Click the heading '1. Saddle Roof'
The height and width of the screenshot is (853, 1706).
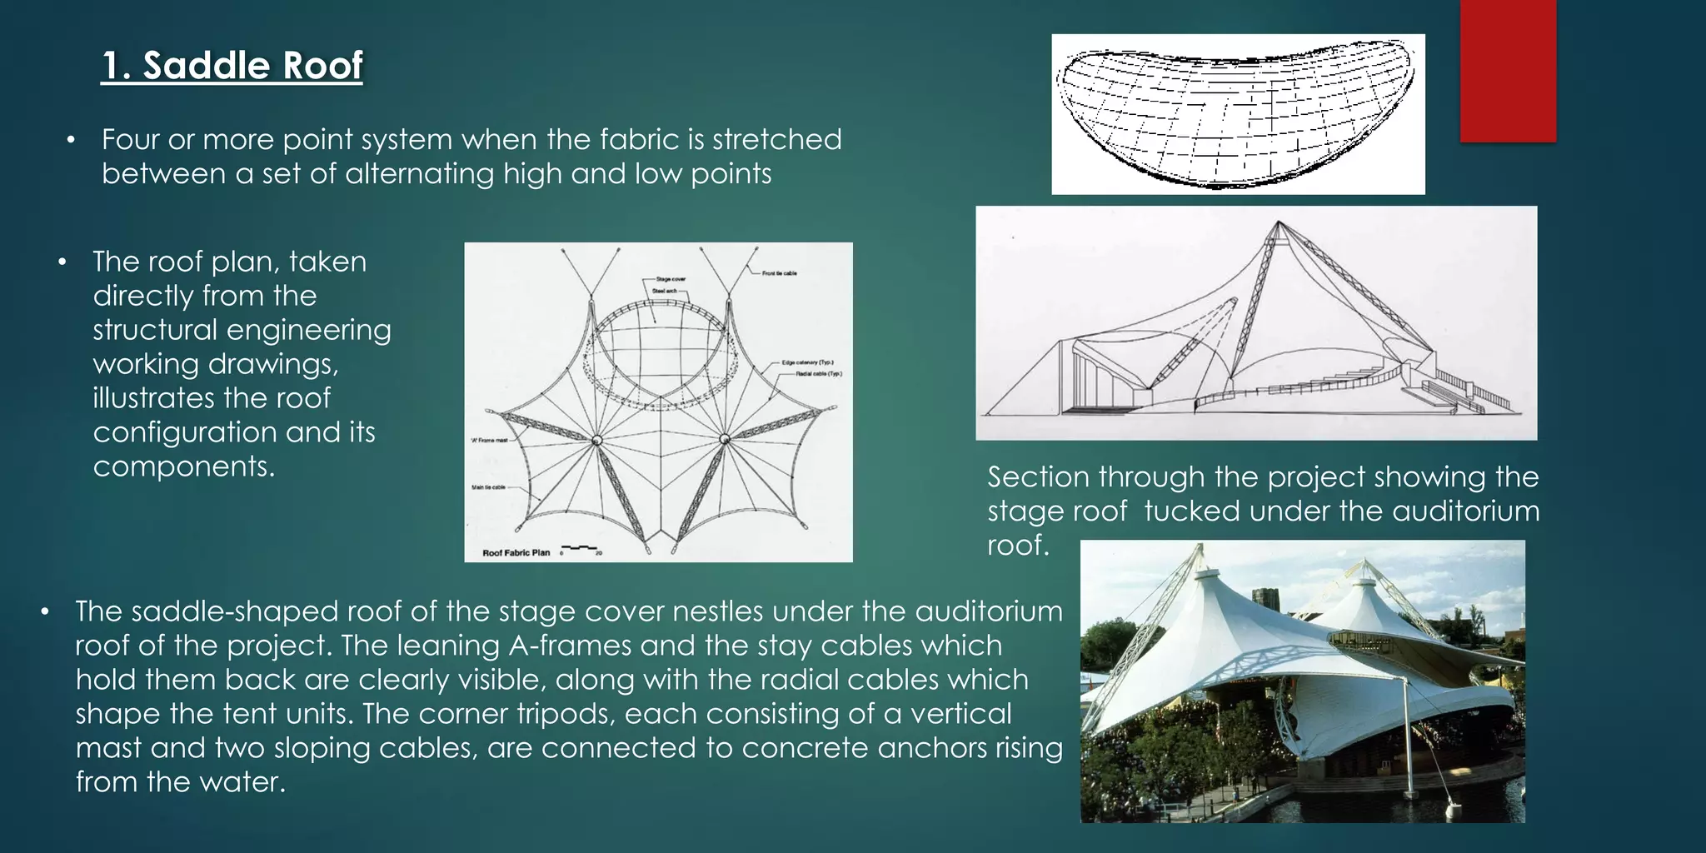pyautogui.click(x=232, y=65)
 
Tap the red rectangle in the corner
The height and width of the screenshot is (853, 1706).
pyautogui.click(x=1508, y=71)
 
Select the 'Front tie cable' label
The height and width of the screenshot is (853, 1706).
pyautogui.click(x=779, y=273)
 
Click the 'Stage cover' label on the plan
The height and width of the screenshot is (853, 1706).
pyautogui.click(x=670, y=279)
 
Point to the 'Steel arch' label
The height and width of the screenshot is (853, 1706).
pyautogui.click(x=664, y=291)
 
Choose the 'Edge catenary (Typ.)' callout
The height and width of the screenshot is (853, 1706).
pyautogui.click(x=807, y=363)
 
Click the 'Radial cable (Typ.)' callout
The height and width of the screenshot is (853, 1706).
pyautogui.click(x=818, y=374)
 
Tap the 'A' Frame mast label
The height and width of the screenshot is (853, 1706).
pyautogui.click(x=489, y=440)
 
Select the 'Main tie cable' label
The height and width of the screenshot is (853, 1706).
pyautogui.click(x=489, y=487)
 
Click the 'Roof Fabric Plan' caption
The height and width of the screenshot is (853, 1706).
pyautogui.click(x=516, y=552)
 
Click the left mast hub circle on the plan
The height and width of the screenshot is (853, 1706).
pyautogui.click(x=596, y=440)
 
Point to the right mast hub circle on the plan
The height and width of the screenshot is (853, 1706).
pyautogui.click(x=725, y=439)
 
